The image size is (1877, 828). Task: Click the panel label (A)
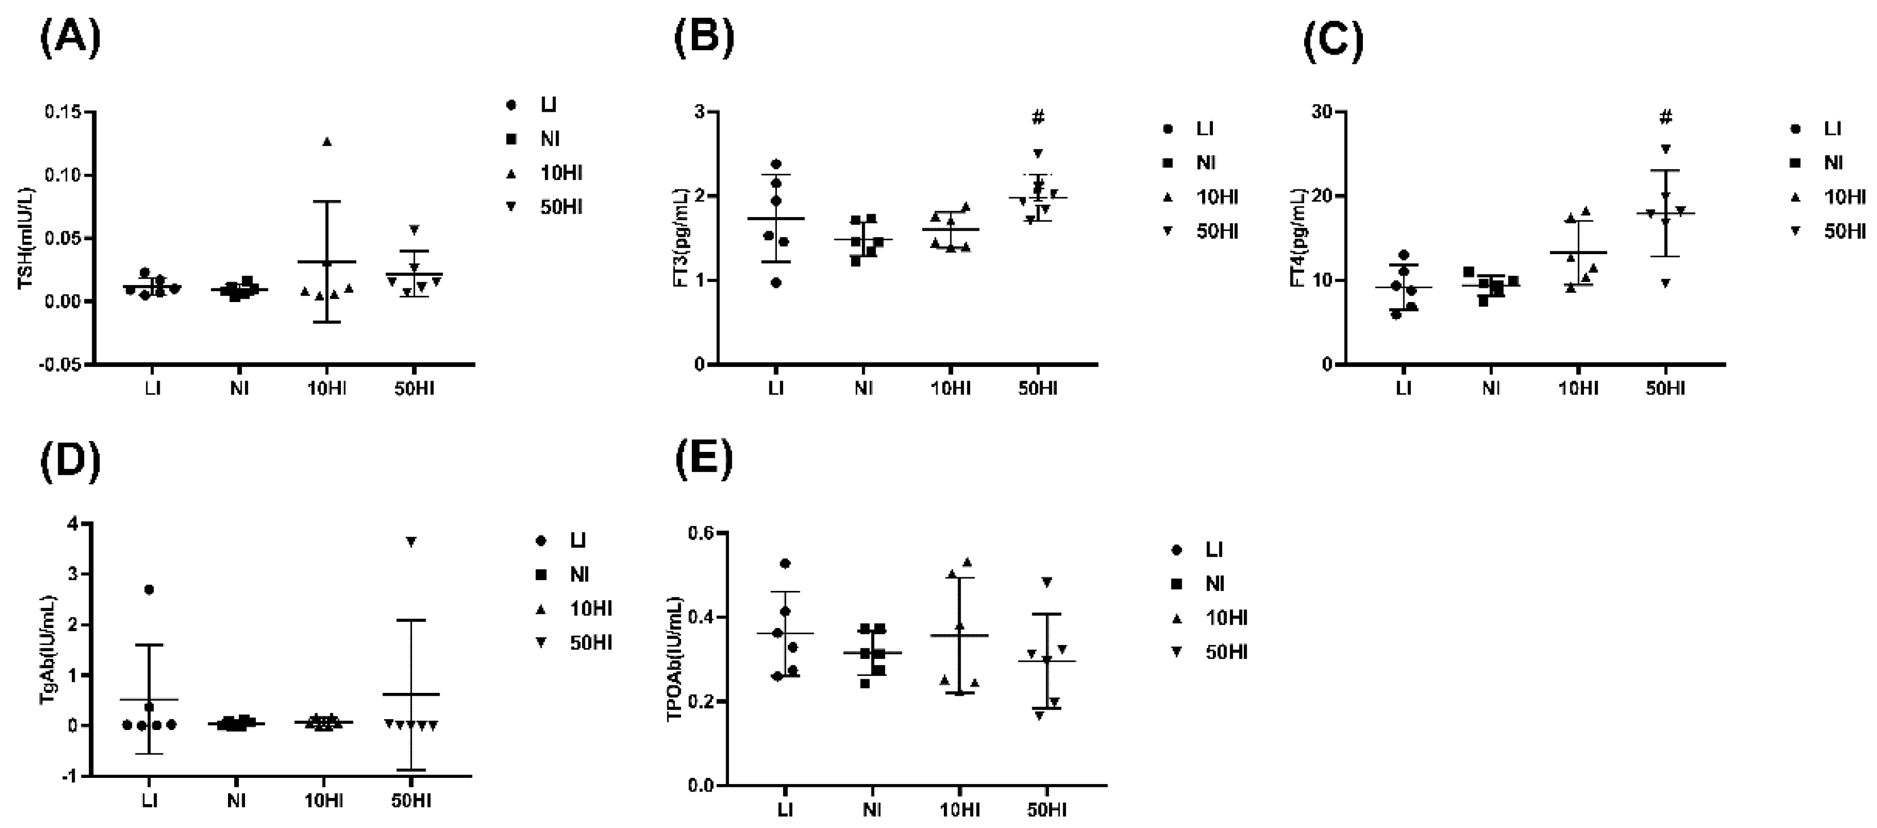tap(70, 39)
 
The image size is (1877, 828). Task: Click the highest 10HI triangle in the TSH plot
tap(327, 142)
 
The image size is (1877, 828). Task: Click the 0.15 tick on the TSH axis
tap(63, 113)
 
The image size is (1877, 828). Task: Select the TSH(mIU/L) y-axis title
tap(26, 239)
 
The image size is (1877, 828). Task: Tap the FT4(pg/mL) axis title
tap(1298, 238)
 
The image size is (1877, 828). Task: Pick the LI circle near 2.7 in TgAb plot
tap(149, 590)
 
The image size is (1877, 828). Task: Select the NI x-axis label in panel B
tap(864, 388)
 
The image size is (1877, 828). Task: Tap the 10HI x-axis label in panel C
tap(1578, 388)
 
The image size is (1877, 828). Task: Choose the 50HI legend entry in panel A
tap(561, 207)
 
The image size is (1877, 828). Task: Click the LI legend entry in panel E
tap(1213, 550)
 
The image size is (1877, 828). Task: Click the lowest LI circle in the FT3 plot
tap(776, 283)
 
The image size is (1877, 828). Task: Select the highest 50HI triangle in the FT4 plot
tap(1666, 149)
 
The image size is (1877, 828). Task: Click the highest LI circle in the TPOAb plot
tap(785, 564)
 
